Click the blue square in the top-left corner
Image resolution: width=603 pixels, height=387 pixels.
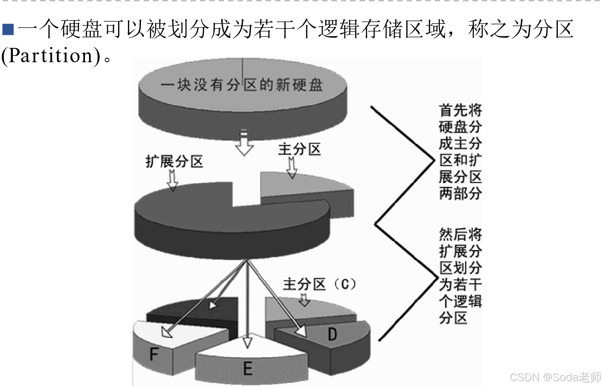point(8,30)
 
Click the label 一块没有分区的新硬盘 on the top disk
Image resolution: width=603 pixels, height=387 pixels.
point(242,85)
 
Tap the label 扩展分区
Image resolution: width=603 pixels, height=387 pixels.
point(174,161)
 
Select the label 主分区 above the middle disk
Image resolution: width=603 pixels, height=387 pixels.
point(299,149)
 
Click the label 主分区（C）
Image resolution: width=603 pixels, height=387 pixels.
point(320,284)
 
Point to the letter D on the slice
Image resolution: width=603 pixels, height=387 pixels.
point(332,334)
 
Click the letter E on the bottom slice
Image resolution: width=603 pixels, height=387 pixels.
point(247,368)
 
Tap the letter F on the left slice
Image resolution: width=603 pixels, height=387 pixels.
point(154,355)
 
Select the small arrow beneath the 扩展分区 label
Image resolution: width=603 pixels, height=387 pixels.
point(172,181)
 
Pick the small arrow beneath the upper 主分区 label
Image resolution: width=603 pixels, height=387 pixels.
point(292,168)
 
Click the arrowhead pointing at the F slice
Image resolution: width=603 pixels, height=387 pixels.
point(167,332)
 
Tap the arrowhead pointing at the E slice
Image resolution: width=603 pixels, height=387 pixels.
point(247,342)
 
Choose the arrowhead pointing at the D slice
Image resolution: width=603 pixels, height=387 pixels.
point(301,331)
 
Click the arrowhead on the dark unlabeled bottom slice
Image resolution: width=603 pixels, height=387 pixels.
point(213,305)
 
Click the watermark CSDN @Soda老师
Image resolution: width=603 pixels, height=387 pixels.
point(555,377)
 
